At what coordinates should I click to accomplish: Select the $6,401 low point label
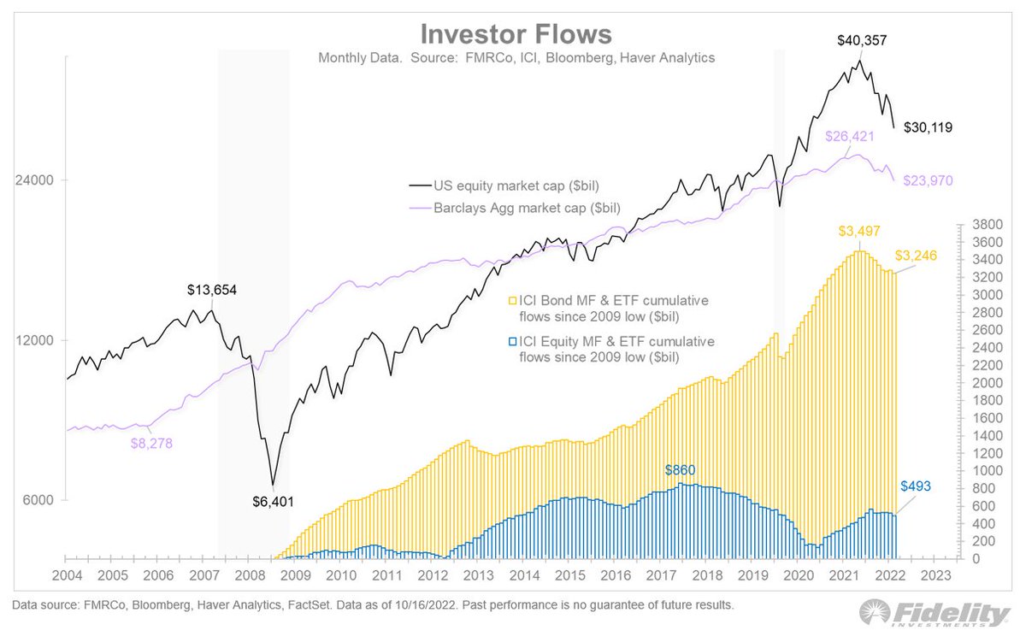pos(274,501)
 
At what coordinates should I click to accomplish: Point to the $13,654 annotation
pos(211,290)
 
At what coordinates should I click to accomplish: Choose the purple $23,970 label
pos(928,180)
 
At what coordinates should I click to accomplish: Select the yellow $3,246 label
pos(923,256)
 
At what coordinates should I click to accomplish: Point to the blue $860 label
pos(681,470)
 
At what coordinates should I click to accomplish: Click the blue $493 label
pos(917,486)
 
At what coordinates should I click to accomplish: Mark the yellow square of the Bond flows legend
pos(513,301)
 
